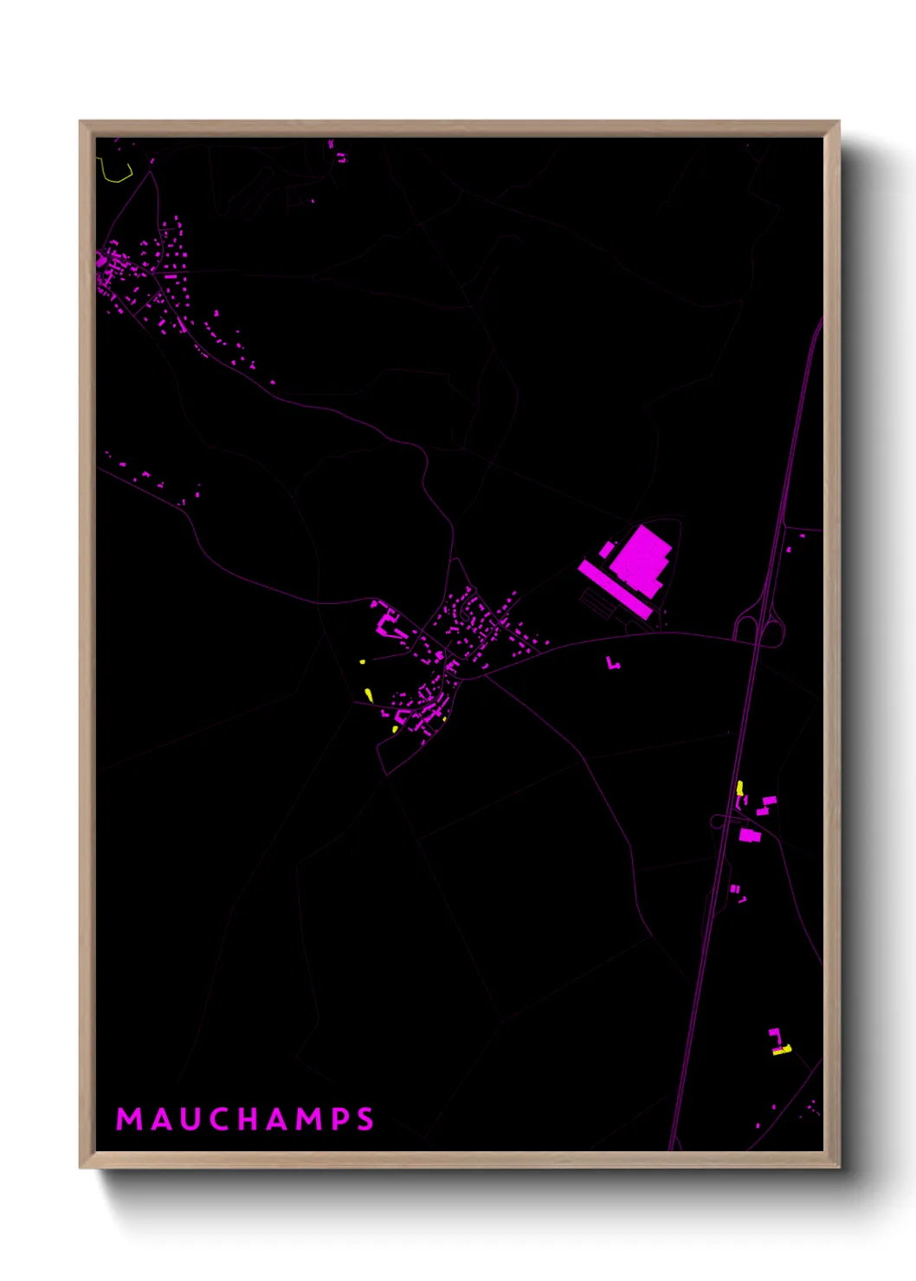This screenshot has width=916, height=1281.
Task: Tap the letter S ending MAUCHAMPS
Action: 365,1119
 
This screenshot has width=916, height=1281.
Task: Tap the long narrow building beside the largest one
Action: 614,589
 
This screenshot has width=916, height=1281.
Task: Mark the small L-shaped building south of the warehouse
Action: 613,664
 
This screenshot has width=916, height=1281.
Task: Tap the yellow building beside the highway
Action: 739,788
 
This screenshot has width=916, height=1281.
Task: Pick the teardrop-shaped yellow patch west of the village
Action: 369,694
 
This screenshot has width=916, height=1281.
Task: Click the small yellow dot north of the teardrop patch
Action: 363,662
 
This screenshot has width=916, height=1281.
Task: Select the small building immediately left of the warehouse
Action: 607,550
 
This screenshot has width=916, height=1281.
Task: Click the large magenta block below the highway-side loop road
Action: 749,835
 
